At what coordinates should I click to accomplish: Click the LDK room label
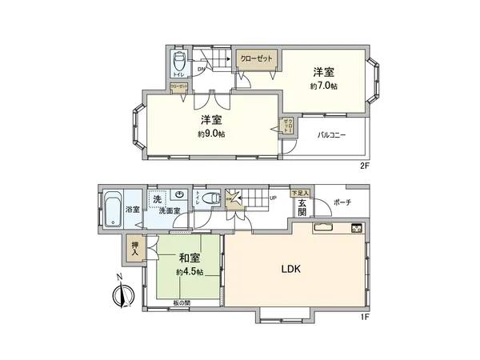click(x=290, y=270)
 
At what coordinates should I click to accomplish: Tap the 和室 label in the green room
click(x=190, y=258)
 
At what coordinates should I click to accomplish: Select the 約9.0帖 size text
click(x=211, y=134)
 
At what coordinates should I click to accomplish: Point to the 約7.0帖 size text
click(x=323, y=86)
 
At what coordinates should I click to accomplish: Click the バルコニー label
click(x=331, y=135)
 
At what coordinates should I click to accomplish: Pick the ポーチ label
click(x=343, y=202)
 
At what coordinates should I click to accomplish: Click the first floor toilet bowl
click(x=211, y=199)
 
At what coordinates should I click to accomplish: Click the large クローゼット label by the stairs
click(x=255, y=59)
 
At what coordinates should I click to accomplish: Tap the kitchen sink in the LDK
click(x=325, y=228)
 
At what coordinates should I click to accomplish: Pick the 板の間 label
click(x=182, y=302)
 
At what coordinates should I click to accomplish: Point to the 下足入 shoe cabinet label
click(x=300, y=193)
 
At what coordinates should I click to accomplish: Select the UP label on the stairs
click(x=273, y=198)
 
